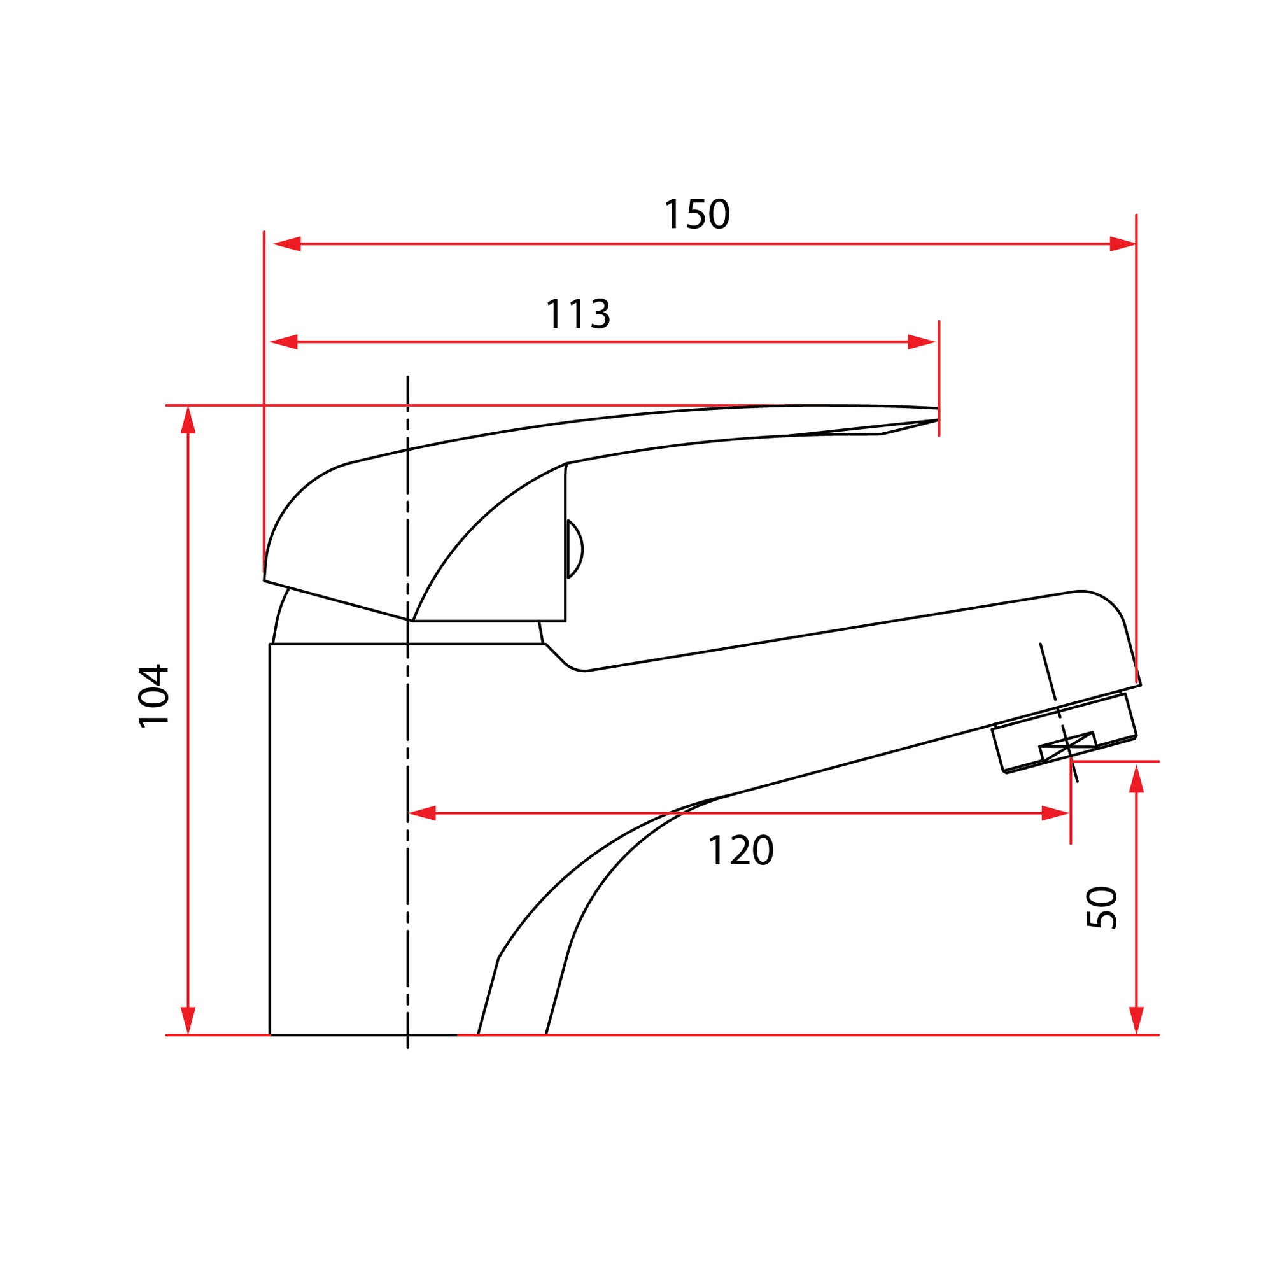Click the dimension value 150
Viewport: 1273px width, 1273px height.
[696, 215]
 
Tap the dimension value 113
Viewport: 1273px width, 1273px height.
[578, 314]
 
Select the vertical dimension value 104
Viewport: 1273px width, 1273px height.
[154, 696]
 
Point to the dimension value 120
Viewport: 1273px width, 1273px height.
[740, 850]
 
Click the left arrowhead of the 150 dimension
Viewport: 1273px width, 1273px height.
[286, 244]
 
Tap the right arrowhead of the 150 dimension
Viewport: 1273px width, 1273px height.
[1123, 244]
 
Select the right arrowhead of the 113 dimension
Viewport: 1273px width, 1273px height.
[922, 342]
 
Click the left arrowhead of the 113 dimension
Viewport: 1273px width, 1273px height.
[283, 342]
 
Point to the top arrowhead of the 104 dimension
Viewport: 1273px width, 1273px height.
[188, 419]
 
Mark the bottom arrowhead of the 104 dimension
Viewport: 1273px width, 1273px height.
[188, 1020]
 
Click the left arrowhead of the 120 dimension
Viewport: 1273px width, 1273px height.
[423, 813]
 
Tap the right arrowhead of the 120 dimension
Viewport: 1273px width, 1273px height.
[1055, 813]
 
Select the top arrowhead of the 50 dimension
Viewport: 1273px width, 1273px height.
[1136, 780]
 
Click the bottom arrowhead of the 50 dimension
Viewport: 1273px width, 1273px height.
[1136, 1020]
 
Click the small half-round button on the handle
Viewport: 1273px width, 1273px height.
[575, 549]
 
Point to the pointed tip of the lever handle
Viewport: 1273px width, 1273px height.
[935, 414]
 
